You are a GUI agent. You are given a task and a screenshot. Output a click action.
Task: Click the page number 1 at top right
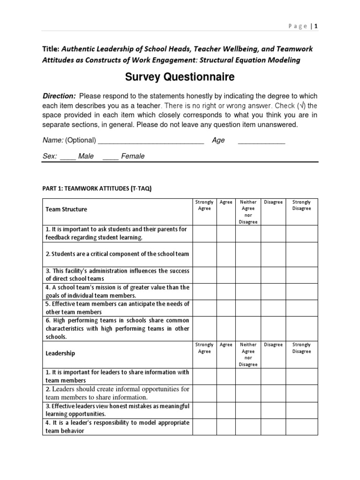point(316,26)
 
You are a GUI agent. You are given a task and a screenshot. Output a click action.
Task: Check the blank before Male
point(67,156)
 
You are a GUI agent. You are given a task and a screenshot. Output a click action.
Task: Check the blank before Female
point(110,156)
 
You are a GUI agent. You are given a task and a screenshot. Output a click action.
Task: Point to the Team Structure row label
point(67,210)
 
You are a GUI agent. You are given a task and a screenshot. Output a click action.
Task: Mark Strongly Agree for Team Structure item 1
point(204,233)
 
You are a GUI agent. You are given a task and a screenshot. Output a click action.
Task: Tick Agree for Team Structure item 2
point(226,254)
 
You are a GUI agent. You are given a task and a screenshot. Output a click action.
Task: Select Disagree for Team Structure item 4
point(273,291)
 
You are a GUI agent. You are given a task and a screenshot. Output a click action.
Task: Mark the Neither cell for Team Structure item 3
point(248,274)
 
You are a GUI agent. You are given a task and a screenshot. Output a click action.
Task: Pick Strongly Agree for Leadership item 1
point(204,376)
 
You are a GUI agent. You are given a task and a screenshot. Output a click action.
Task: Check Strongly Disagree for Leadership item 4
point(301,427)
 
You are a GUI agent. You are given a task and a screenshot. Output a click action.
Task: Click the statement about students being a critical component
point(117,254)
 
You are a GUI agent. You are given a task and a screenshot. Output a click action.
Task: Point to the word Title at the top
point(51,49)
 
